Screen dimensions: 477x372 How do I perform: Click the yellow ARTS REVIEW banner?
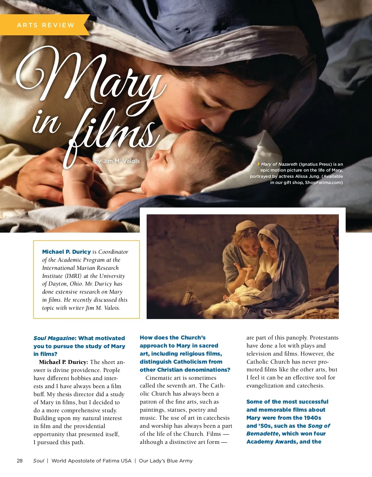(45, 25)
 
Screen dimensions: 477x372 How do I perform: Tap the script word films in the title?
(112, 133)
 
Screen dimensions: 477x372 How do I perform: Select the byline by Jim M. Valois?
(117, 161)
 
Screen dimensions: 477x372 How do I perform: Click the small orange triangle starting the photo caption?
(259, 164)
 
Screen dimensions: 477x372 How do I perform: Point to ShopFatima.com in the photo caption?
(324, 182)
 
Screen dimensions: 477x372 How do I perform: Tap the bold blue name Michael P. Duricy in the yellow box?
(66, 252)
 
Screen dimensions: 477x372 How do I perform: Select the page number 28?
(20, 461)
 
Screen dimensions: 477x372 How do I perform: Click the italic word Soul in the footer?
(39, 461)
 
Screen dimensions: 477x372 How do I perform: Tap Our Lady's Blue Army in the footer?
(166, 461)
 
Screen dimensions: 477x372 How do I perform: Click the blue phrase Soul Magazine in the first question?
(54, 338)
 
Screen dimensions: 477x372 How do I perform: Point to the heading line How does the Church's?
(172, 338)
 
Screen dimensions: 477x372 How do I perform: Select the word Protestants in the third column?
(324, 338)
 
